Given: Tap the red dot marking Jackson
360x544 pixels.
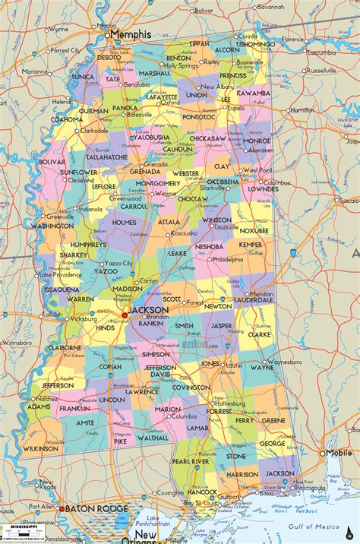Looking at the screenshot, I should click(125, 315).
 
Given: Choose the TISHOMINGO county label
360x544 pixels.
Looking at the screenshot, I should click(255, 44).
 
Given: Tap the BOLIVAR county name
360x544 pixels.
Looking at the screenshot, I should click(52, 162).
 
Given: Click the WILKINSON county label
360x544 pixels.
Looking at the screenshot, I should click(40, 449).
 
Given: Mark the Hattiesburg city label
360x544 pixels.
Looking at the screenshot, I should click(228, 403).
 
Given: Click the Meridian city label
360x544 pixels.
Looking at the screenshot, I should click(262, 294).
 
